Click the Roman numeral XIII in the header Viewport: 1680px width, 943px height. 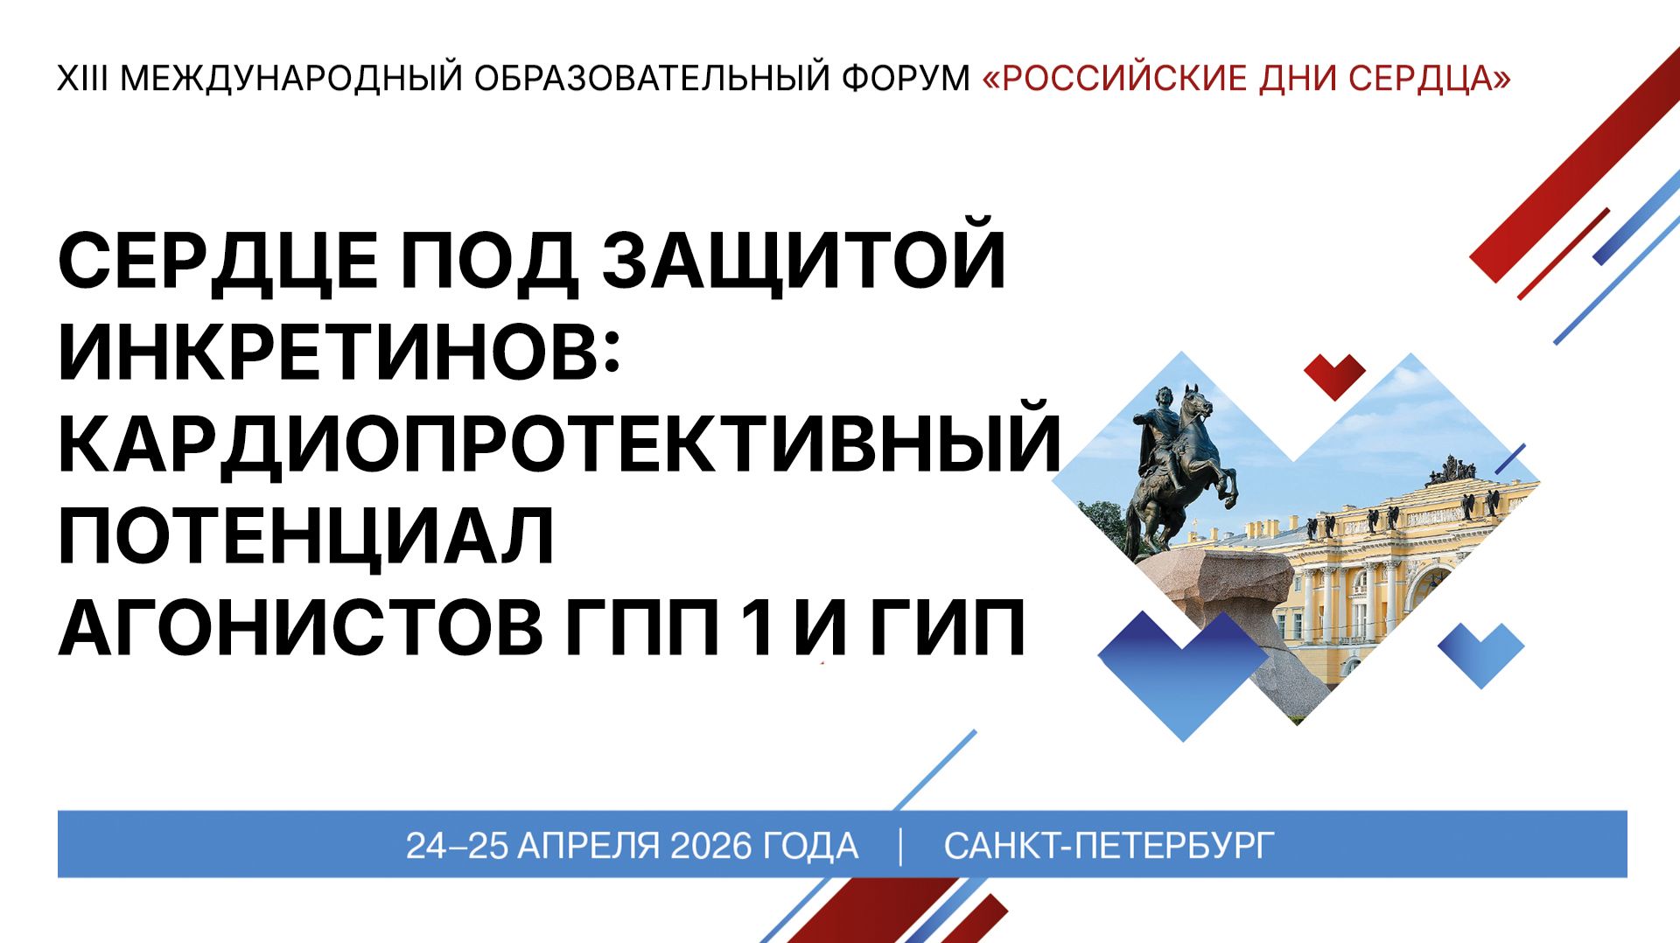tap(83, 79)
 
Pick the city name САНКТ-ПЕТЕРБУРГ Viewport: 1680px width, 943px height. tap(1109, 846)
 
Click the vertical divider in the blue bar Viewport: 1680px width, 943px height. tap(900, 846)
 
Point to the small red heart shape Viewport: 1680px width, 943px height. tap(1334, 374)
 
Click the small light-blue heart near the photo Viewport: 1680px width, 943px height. tap(1480, 652)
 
